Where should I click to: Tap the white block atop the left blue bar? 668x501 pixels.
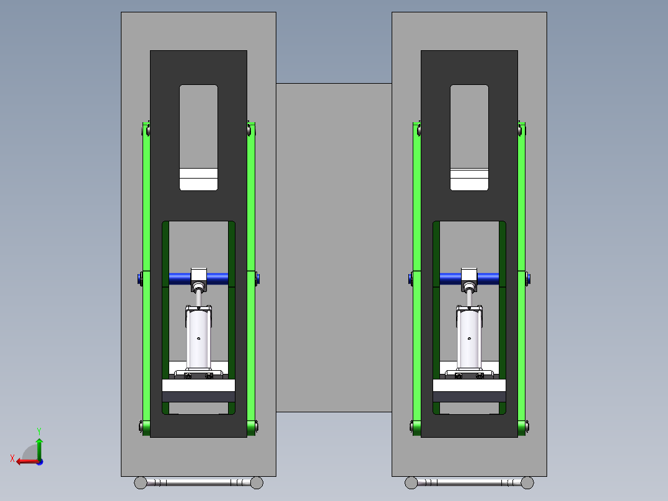coord(199,274)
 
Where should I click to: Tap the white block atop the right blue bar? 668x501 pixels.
coord(470,274)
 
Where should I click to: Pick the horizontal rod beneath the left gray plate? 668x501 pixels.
coord(198,482)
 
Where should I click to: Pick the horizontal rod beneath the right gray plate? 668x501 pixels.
coord(469,482)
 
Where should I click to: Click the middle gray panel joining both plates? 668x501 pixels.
coord(333,248)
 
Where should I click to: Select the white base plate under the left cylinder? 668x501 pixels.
coord(198,386)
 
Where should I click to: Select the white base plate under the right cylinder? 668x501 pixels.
coord(469,386)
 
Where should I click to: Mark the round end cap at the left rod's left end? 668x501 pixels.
coord(141,482)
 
